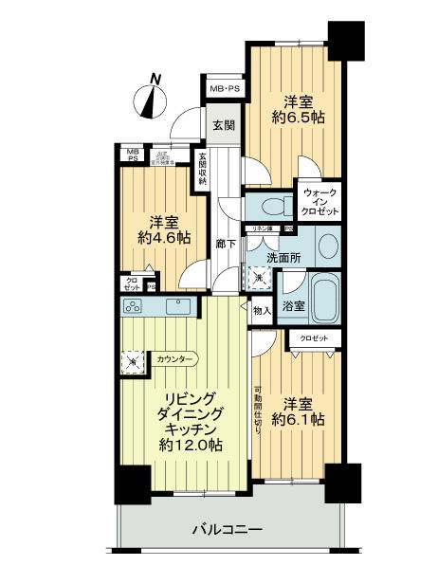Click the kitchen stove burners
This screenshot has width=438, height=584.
pos(133,306)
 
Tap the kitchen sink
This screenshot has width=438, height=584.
pos(177,306)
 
